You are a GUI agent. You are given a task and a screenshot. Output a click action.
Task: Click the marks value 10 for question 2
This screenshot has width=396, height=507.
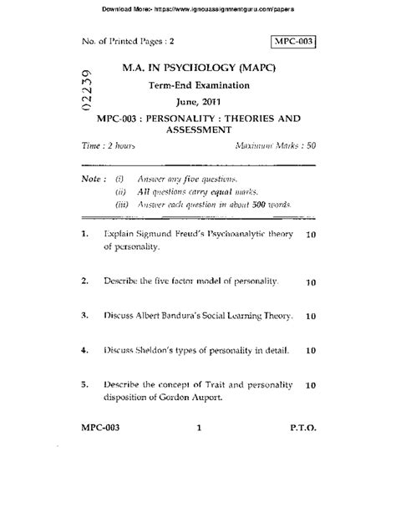pyautogui.click(x=310, y=283)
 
